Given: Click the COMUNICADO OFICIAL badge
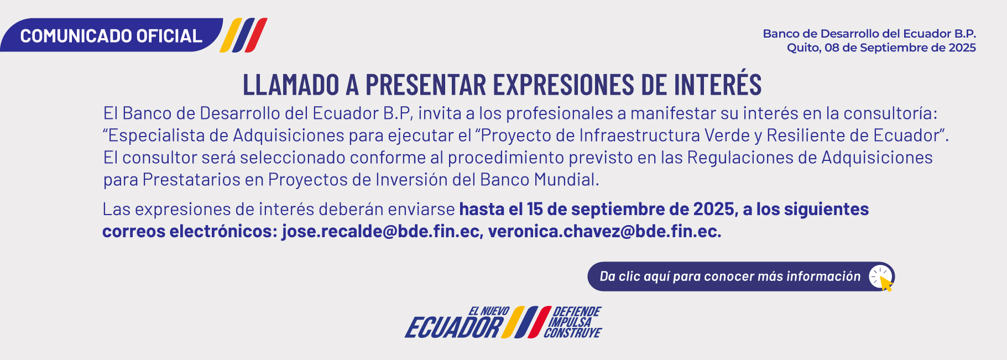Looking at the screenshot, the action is click(x=111, y=35).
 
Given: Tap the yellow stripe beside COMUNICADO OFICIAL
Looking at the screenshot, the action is click(x=231, y=35).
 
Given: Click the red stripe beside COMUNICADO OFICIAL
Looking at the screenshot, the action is click(x=257, y=35).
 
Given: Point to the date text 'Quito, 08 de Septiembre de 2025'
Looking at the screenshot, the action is click(x=881, y=48).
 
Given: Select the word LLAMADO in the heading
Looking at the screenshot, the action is click(x=291, y=85).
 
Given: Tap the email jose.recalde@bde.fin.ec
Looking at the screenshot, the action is click(x=381, y=231).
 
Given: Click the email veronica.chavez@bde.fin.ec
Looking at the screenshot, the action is click(x=604, y=231).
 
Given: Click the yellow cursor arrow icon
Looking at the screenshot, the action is click(x=886, y=283).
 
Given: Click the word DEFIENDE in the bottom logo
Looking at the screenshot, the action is click(x=577, y=311).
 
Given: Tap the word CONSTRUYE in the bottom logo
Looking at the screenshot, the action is click(x=572, y=332).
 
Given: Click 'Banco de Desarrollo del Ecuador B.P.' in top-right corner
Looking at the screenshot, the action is click(x=869, y=34).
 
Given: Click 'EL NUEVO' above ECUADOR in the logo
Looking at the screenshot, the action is click(x=489, y=311).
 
